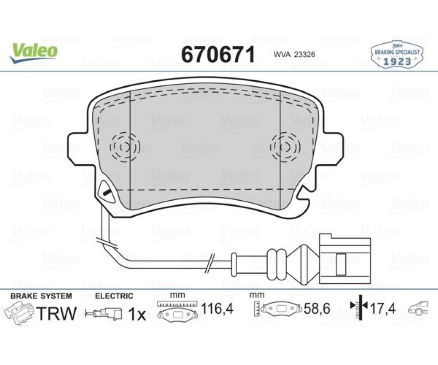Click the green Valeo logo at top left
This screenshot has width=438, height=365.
coord(33,53)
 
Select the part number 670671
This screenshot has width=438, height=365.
coord(218,54)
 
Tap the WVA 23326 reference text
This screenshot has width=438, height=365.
coord(294,54)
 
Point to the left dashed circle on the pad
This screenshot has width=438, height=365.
coord(125,147)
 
